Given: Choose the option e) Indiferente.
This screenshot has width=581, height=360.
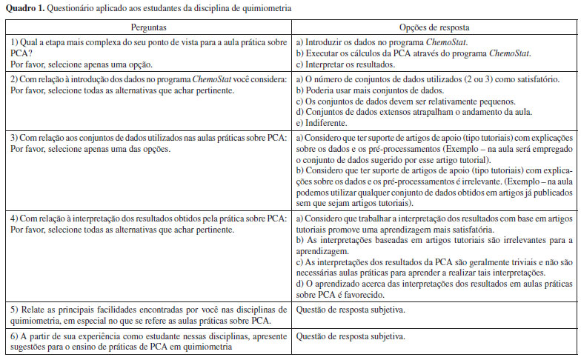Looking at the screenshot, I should (321, 122).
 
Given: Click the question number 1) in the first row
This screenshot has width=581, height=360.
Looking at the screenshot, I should (11, 42).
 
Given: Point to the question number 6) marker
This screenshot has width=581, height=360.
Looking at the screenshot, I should (11, 337).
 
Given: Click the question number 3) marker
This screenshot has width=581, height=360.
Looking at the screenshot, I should (11, 139).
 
